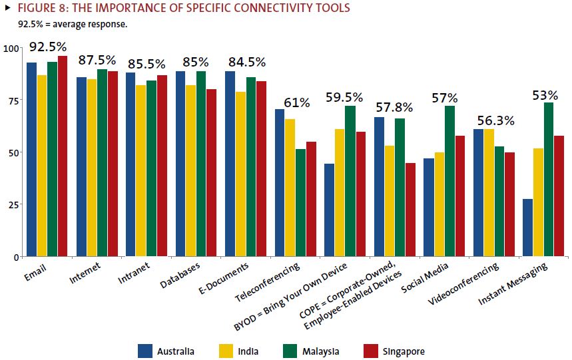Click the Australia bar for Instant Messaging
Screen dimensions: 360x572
tap(528, 227)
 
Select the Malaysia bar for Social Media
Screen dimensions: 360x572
tap(449, 181)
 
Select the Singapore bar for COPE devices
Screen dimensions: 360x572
tap(410, 210)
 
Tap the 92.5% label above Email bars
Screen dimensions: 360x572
tap(47, 47)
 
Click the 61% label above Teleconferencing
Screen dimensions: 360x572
tap(296, 102)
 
